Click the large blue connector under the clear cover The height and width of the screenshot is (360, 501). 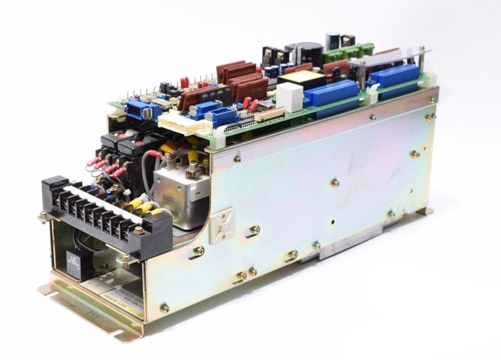click(395, 76)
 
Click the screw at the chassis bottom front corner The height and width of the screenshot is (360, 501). click(165, 307)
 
